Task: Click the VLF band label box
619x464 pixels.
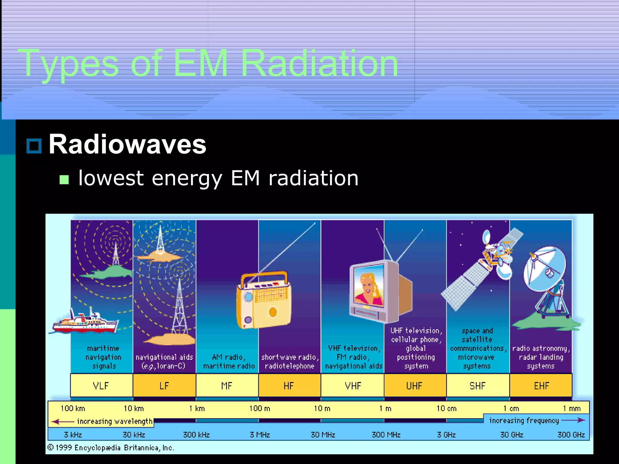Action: (101, 385)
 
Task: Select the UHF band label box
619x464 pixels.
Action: (415, 385)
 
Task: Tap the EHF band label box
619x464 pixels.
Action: (541, 385)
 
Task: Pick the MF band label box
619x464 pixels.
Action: (227, 385)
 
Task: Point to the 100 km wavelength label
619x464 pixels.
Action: (73, 408)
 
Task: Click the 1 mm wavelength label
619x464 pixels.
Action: (572, 408)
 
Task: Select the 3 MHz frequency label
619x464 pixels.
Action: (260, 435)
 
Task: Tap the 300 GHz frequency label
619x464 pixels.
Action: (571, 435)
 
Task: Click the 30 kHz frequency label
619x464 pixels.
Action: (134, 435)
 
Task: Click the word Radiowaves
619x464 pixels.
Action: (127, 144)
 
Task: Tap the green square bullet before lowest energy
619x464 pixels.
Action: (64, 179)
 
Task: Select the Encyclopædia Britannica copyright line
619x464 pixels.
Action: (111, 448)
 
